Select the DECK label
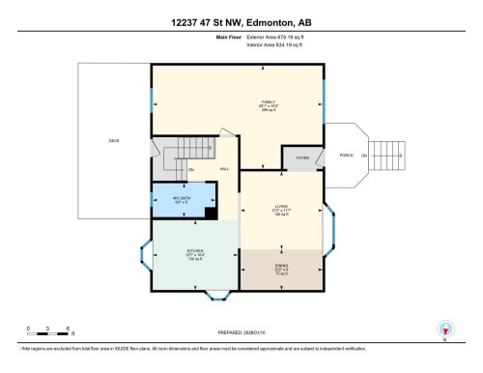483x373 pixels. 114,141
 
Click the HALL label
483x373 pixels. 223,168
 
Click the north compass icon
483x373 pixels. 444,330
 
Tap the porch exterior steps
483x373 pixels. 387,155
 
